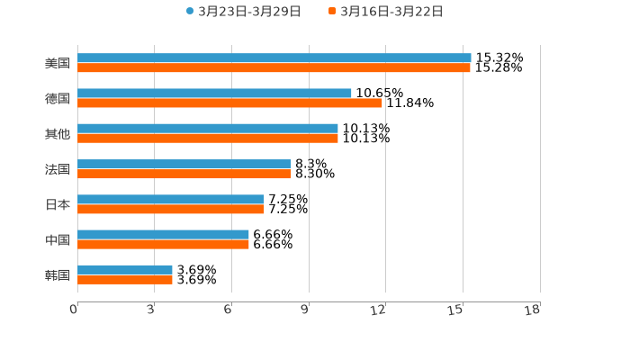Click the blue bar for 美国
(274, 58)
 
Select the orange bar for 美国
(274, 68)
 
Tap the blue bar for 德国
(214, 94)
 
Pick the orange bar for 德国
(229, 103)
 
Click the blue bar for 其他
(208, 129)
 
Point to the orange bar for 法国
(184, 174)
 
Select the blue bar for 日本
(171, 199)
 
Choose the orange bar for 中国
(163, 244)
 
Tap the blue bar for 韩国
(125, 269)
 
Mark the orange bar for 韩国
(125, 279)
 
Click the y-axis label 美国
(58, 64)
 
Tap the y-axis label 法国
(58, 169)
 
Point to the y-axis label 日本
(58, 204)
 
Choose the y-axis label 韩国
(58, 274)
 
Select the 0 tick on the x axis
(74, 310)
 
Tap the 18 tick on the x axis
(533, 310)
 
